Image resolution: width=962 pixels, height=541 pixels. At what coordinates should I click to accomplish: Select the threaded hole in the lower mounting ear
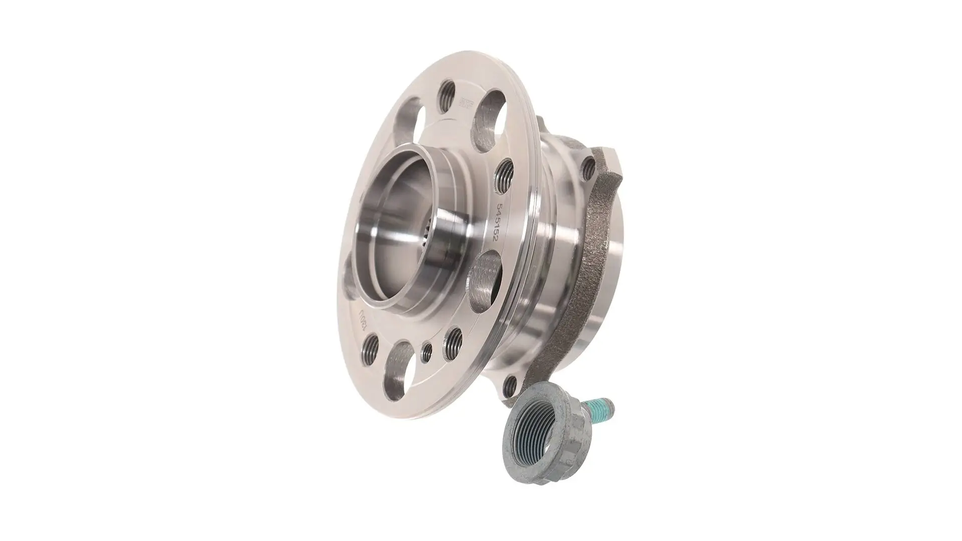click(510, 384)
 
